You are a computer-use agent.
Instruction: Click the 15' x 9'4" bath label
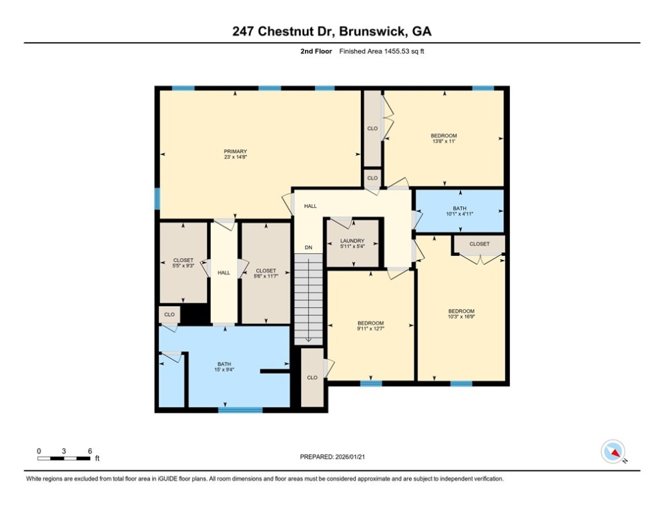(224, 367)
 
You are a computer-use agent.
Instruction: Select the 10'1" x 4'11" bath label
(460, 211)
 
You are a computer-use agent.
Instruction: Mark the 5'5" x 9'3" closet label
(183, 263)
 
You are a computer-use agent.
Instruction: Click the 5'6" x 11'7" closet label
(266, 273)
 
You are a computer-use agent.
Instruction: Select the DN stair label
(308, 247)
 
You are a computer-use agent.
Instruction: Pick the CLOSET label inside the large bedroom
(479, 244)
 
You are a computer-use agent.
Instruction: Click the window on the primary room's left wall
(157, 198)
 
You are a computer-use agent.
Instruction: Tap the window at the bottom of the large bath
(240, 409)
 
